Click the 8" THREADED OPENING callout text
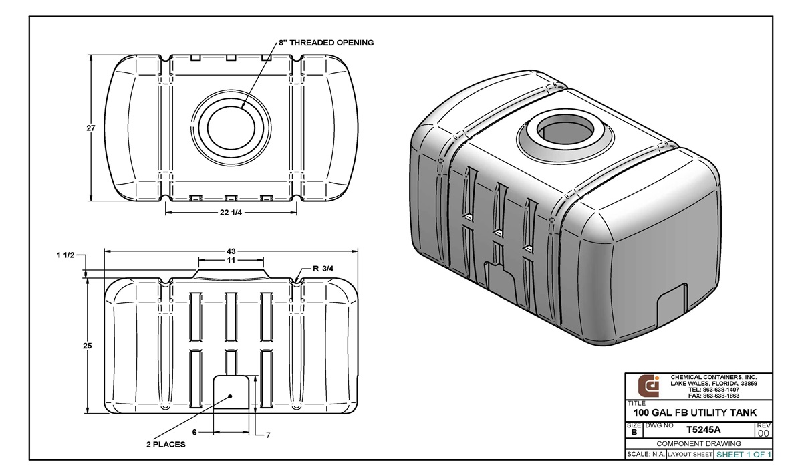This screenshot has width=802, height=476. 327,43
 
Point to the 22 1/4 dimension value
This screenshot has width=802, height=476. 231,213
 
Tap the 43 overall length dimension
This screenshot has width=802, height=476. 231,251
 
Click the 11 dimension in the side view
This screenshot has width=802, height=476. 231,260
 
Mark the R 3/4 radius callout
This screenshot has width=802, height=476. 324,269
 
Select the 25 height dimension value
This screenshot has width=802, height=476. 87,346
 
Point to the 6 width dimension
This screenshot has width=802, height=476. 194,433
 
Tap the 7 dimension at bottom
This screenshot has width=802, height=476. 267,435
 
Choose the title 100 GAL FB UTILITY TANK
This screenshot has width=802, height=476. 689,413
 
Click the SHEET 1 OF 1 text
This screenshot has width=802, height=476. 743,455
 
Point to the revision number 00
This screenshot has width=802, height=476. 763,433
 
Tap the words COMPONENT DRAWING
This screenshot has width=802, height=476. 698,443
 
